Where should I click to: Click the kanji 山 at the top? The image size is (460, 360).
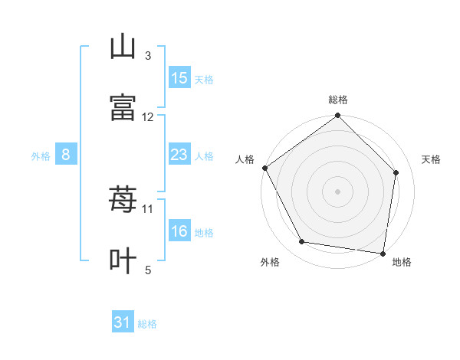123,47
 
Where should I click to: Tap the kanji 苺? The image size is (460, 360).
123,200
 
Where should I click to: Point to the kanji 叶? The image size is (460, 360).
123,260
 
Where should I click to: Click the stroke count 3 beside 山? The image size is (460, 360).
148,55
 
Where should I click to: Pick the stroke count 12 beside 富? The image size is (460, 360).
148,116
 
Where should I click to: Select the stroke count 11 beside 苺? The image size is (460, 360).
148,208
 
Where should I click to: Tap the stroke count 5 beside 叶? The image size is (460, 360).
148,270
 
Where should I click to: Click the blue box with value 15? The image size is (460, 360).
179,78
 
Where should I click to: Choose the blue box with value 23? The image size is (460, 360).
179,155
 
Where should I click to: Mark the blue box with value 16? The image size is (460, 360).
179,231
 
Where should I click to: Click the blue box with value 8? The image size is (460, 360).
66,155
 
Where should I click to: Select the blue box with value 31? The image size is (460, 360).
123,323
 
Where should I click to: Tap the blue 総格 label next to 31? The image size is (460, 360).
147,324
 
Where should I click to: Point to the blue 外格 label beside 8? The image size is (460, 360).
41,155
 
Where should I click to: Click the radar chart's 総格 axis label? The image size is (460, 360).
338,100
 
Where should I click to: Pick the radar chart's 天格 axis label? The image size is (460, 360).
432,159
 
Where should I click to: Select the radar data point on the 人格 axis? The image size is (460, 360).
264,168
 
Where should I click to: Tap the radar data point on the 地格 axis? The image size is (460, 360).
383,253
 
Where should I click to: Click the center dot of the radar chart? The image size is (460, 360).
338,191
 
